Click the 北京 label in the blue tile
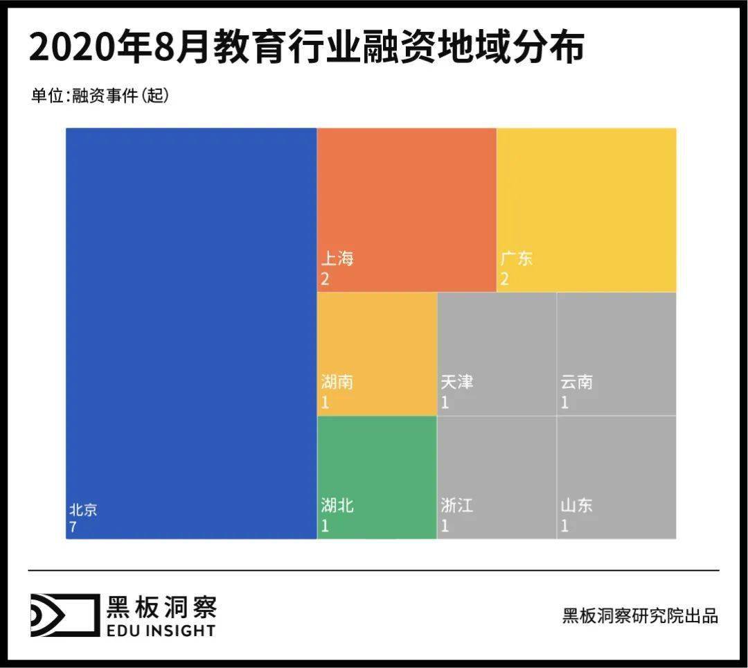83,510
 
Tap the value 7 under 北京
73,527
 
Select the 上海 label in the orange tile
337,259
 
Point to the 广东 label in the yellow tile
517,259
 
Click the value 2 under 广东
505,279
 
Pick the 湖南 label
337,383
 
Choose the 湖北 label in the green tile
337,506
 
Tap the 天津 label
457,383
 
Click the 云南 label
577,383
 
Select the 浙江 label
457,506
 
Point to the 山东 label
577,506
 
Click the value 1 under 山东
564,526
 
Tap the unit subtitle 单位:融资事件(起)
100,96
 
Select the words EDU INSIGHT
161,630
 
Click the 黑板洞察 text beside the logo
161,607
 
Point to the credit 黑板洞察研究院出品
640,615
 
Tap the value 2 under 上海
325,279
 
